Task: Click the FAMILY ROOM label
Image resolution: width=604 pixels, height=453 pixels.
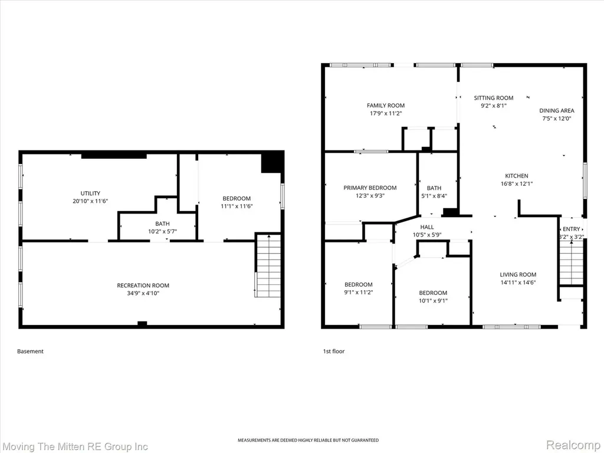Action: pyautogui.click(x=386, y=105)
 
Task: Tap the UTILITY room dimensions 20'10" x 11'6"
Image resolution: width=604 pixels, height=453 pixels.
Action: pyautogui.click(x=90, y=201)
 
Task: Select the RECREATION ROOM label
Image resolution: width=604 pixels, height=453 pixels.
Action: pyautogui.click(x=143, y=285)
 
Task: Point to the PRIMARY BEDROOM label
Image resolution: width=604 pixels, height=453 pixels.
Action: pyautogui.click(x=370, y=188)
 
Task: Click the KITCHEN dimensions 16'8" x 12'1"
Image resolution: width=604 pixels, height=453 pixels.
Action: pyautogui.click(x=517, y=184)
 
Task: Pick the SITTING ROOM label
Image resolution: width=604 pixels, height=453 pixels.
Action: pyautogui.click(x=494, y=98)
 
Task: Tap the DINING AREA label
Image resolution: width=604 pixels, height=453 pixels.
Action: pyautogui.click(x=557, y=110)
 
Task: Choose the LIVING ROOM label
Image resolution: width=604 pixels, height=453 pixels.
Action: pyautogui.click(x=518, y=275)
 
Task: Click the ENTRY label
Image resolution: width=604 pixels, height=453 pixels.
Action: pyautogui.click(x=571, y=229)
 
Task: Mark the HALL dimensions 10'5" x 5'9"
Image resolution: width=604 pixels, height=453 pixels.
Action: pyautogui.click(x=427, y=235)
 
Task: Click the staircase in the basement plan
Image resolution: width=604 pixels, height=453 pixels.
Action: pyautogui.click(x=268, y=265)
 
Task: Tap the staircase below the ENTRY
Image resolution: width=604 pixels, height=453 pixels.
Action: pyautogui.click(x=571, y=262)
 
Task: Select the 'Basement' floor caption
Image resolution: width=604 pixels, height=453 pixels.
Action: pyautogui.click(x=31, y=352)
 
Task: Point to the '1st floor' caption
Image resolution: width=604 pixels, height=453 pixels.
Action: pyautogui.click(x=334, y=352)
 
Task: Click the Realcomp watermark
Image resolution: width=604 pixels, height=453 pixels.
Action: pyautogui.click(x=574, y=445)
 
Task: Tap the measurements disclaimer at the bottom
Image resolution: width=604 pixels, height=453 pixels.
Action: pyautogui.click(x=308, y=440)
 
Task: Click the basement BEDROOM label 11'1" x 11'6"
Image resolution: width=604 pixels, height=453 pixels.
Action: pyautogui.click(x=237, y=198)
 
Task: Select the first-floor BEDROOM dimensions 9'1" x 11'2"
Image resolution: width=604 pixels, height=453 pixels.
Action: pyautogui.click(x=358, y=293)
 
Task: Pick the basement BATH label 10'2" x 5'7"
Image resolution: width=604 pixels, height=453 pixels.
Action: pyautogui.click(x=163, y=224)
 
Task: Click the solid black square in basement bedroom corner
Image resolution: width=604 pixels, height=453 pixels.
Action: pyautogui.click(x=272, y=162)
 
